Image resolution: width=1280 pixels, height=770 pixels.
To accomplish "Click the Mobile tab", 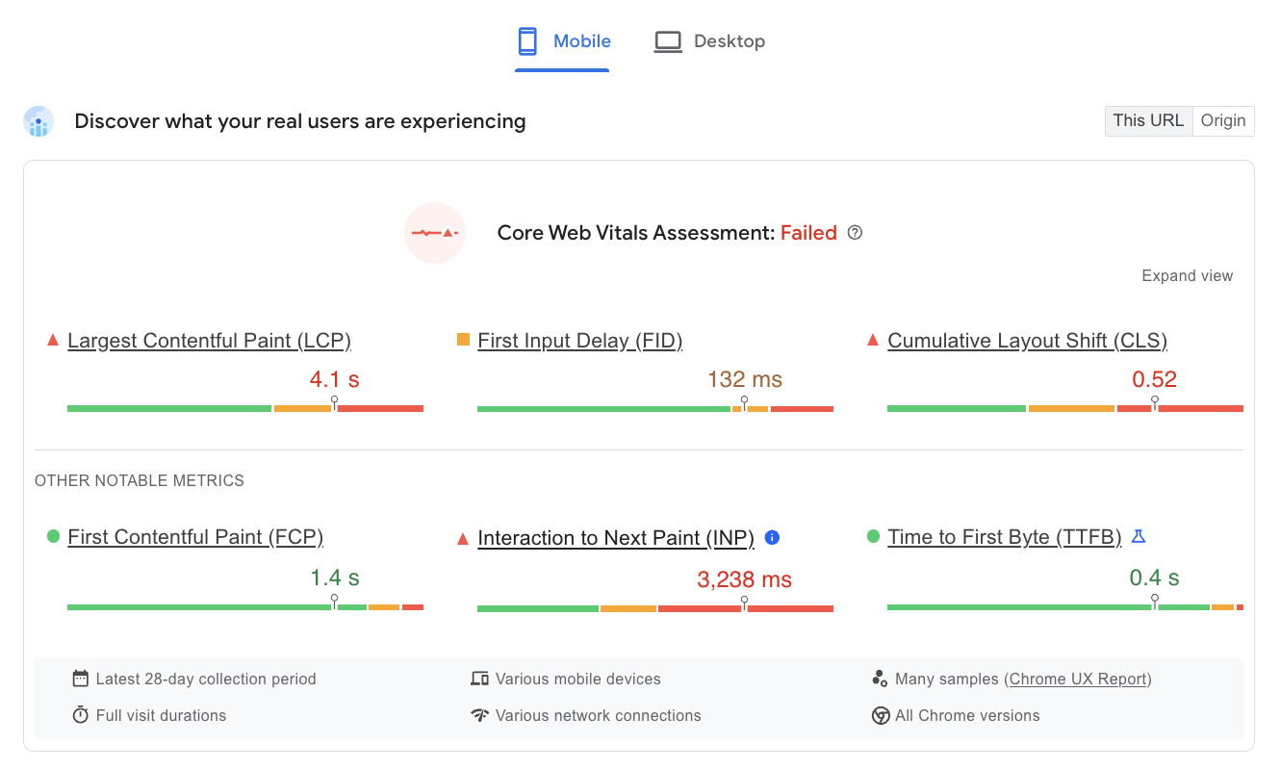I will pyautogui.click(x=563, y=41).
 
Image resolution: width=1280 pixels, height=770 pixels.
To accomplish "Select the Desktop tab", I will pyautogui.click(x=710, y=41).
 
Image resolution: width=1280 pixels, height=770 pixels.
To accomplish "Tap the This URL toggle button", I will pyautogui.click(x=1148, y=120).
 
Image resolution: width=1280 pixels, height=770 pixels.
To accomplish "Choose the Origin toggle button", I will pyautogui.click(x=1223, y=120).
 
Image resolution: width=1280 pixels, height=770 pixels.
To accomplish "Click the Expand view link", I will pyautogui.click(x=1187, y=276).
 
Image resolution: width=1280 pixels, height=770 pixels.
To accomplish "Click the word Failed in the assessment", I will pyautogui.click(x=808, y=233).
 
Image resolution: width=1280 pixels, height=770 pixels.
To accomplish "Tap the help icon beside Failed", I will pyautogui.click(x=855, y=233).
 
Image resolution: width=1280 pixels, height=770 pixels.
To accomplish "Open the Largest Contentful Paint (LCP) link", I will pyautogui.click(x=209, y=341).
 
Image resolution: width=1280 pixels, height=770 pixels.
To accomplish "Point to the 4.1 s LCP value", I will pyautogui.click(x=334, y=379).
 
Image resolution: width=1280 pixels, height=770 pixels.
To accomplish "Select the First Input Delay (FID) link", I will pyautogui.click(x=579, y=341).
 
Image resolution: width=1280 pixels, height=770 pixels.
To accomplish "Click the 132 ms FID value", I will pyautogui.click(x=745, y=379).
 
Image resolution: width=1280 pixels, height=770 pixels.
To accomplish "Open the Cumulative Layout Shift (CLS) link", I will pyautogui.click(x=1027, y=341).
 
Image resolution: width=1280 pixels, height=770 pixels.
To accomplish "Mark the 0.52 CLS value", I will pyautogui.click(x=1155, y=379).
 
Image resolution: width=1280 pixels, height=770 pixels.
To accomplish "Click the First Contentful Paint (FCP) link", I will pyautogui.click(x=195, y=537).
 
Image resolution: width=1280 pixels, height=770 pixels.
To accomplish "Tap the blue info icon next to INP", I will pyautogui.click(x=772, y=537).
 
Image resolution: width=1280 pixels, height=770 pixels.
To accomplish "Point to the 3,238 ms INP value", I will pyautogui.click(x=745, y=579).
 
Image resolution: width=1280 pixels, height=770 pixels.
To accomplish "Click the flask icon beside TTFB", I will pyautogui.click(x=1139, y=536).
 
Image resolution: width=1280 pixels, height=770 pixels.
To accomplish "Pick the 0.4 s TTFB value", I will pyautogui.click(x=1154, y=578).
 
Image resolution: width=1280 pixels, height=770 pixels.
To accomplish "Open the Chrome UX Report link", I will pyautogui.click(x=1079, y=680).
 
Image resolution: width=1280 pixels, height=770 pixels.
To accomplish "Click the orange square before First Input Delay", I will pyautogui.click(x=463, y=340).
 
